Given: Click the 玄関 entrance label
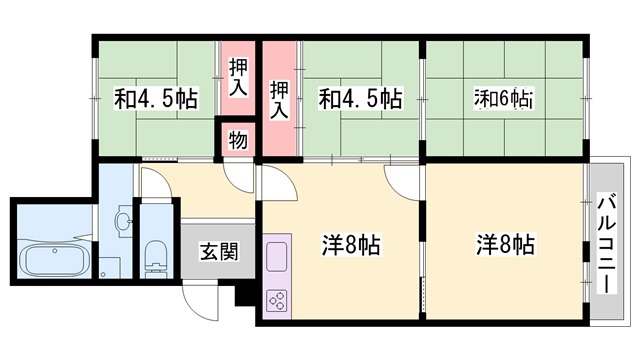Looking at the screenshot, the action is pos(219,251).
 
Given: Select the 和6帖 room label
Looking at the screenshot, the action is pos(503,99).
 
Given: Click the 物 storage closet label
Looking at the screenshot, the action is pos(238,140).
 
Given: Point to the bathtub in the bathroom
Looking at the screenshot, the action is pos(55,260).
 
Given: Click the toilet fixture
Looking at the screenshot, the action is pos(156,257).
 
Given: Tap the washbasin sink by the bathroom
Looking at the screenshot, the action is pos(123,221).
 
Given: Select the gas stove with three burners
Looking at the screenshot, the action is pos(277,301).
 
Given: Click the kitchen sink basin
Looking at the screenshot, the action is pos(276,256).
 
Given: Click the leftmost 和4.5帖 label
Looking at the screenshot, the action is pos(156,99).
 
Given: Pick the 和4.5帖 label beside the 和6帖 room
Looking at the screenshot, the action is pos(360,99).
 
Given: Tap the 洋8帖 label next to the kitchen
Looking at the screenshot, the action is pos(351,245).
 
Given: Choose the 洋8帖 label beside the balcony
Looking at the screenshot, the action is pos(505,245).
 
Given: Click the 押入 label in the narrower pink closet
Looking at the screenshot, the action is pos(238,78).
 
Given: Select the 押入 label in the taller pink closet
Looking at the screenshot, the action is pos(280,100).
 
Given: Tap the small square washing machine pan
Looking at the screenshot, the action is pos(109,268).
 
